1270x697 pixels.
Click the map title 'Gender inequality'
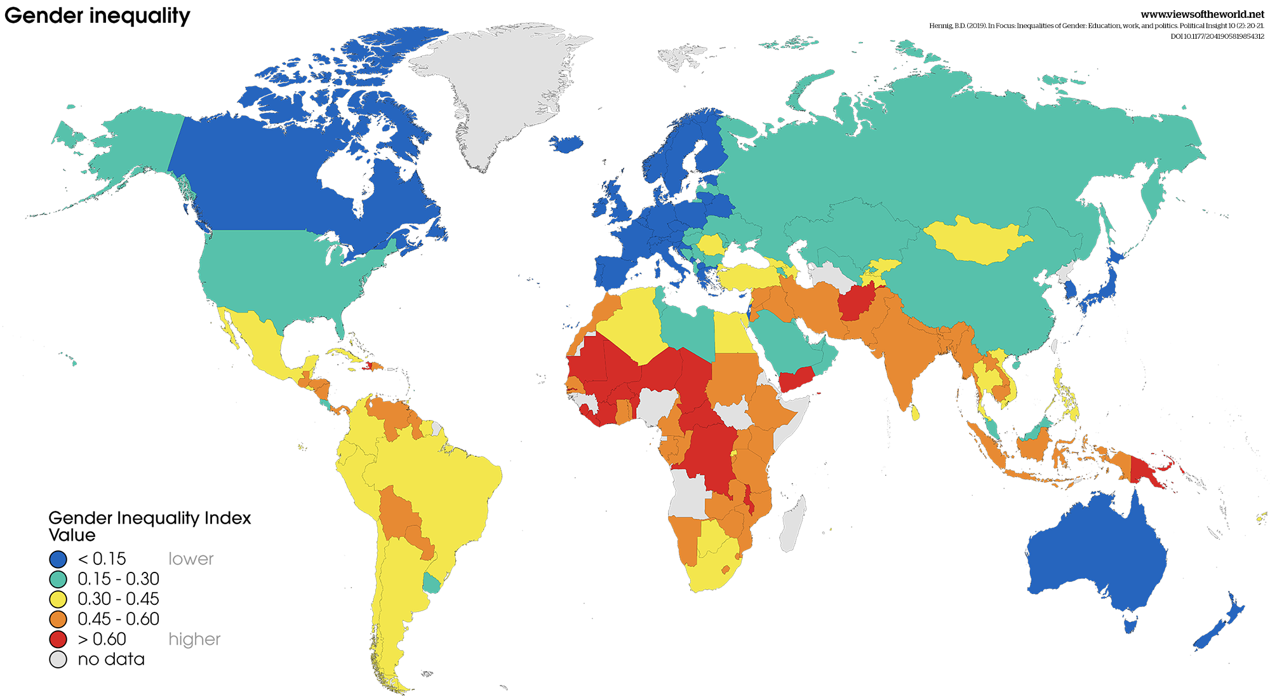tap(97, 15)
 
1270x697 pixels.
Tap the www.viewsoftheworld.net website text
tap(1202, 15)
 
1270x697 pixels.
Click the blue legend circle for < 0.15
tap(58, 559)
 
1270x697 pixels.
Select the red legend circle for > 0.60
tap(58, 639)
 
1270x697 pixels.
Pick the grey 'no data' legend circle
tap(58, 660)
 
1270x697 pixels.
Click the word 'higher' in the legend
tap(194, 639)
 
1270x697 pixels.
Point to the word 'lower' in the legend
tap(190, 559)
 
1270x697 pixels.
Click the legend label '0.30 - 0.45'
tap(118, 599)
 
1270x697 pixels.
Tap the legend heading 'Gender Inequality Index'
tap(149, 518)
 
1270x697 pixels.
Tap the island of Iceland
tap(566, 144)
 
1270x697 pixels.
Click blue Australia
tap(1099, 559)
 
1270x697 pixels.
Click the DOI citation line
tap(1217, 36)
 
